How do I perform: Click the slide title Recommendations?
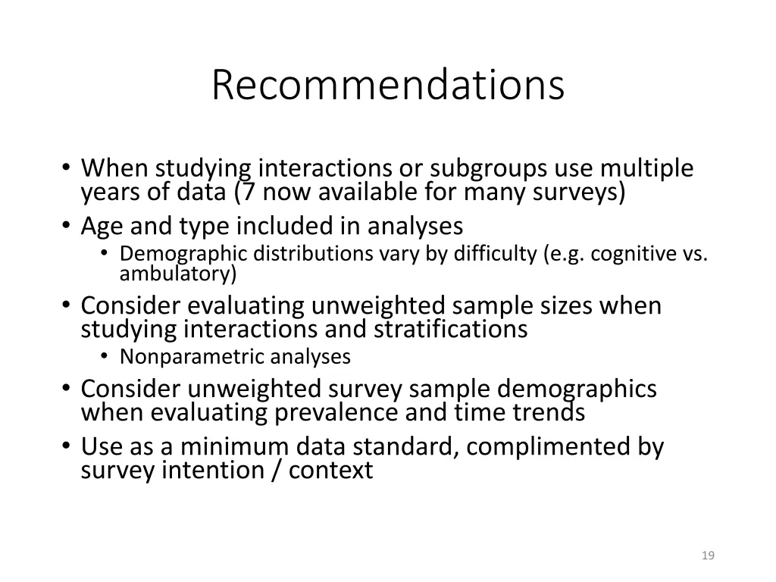tap(388, 85)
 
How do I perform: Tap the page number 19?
tap(709, 556)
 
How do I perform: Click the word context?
tap(331, 470)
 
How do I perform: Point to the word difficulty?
tap(495, 253)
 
